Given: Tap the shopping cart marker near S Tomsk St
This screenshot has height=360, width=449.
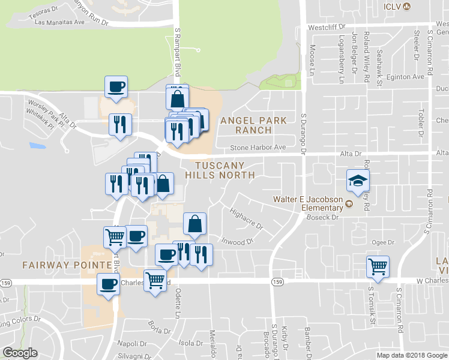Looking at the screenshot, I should pos(378,266).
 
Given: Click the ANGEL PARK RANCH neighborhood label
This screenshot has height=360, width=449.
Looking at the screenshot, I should pos(253,125).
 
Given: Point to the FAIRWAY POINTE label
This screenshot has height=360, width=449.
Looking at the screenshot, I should pos(68,265).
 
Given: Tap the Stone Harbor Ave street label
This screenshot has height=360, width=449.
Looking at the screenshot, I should pos(259,147).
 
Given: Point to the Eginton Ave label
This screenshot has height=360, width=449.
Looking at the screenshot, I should pos(406,77).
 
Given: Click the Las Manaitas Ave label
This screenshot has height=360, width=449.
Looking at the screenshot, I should pos(60,22).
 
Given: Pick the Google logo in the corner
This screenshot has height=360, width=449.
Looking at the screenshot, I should pos(20,353).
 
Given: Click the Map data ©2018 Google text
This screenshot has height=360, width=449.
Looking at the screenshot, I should pos(411,355).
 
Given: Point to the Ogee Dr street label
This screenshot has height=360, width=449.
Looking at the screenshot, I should pos(382,242).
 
